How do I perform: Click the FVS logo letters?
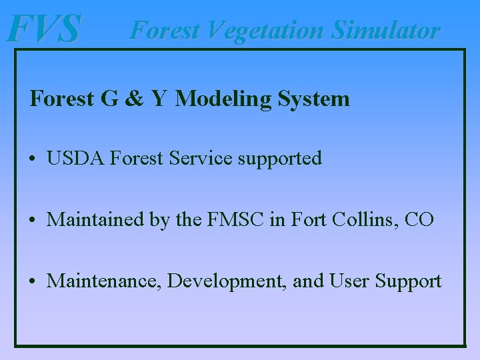tap(43, 29)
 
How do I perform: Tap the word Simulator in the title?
tap(386, 30)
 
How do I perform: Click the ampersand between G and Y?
tap(134, 99)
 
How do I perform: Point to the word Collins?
tap(365, 219)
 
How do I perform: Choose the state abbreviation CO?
tap(419, 219)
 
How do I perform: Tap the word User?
tap(349, 281)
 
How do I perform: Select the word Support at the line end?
tap(408, 281)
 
